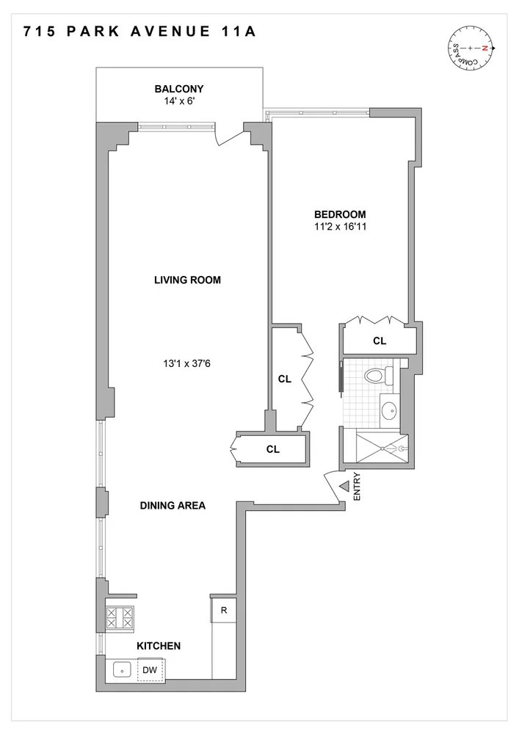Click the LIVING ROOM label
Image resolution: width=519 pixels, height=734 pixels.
pyautogui.click(x=187, y=280)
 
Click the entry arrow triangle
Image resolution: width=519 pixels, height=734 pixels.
pyautogui.click(x=344, y=485)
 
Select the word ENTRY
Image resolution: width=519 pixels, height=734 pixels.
pyautogui.click(x=358, y=486)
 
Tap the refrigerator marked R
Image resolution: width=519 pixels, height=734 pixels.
pyautogui.click(x=222, y=610)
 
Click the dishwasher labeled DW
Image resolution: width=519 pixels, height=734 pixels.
pyautogui.click(x=149, y=669)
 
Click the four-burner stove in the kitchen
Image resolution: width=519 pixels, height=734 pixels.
pyautogui.click(x=120, y=617)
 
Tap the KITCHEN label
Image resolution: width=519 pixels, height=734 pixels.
pyautogui.click(x=158, y=646)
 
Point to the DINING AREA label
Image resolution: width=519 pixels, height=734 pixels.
pyautogui.click(x=173, y=505)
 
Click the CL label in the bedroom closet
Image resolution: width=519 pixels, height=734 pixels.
pyautogui.click(x=380, y=341)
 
